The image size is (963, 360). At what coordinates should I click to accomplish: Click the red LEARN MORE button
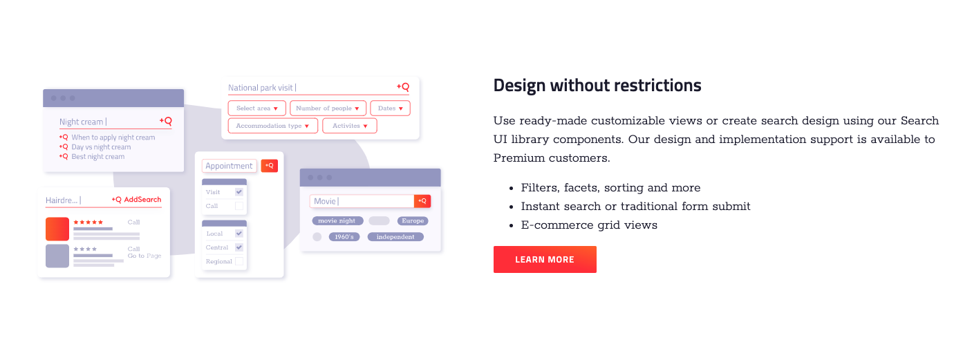click(x=545, y=260)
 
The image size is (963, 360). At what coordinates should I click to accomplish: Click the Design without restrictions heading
click(x=597, y=85)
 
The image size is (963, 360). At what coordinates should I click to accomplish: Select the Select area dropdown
click(x=257, y=108)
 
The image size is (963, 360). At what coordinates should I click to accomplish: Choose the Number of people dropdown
click(x=328, y=108)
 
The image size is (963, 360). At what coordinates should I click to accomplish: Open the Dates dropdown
click(x=391, y=108)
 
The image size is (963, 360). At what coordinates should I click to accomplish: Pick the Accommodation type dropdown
click(x=272, y=126)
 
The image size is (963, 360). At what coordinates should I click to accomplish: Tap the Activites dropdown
click(x=350, y=126)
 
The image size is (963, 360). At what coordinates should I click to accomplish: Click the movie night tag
click(x=337, y=221)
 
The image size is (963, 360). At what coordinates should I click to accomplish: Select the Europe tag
click(x=413, y=221)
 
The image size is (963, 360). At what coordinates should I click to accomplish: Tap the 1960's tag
click(x=344, y=237)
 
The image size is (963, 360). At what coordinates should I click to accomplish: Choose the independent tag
click(x=395, y=237)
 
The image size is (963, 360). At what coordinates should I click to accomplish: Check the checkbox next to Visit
click(x=239, y=192)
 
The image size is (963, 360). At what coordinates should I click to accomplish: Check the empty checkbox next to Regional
click(x=239, y=261)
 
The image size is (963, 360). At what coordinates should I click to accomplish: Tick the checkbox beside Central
click(x=239, y=247)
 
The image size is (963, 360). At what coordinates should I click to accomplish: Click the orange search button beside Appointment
click(x=270, y=166)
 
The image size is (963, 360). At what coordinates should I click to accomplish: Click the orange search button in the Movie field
click(x=422, y=201)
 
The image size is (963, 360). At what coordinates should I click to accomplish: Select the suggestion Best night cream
click(x=98, y=157)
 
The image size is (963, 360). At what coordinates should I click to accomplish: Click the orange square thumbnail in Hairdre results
click(x=57, y=229)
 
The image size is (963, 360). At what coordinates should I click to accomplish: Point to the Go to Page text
click(x=144, y=256)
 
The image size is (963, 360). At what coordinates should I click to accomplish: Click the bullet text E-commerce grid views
click(x=589, y=225)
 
